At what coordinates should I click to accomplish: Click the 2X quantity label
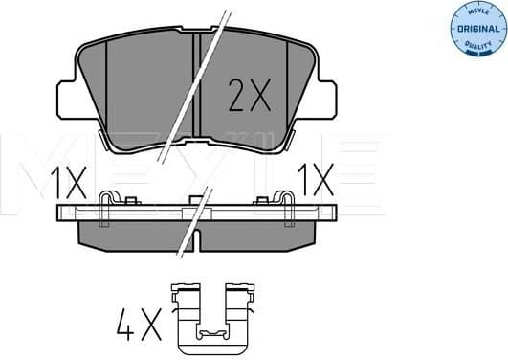(250, 95)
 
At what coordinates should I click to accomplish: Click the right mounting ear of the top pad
(326, 99)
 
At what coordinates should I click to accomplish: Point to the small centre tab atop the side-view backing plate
(195, 200)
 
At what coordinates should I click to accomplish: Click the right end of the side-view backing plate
(330, 214)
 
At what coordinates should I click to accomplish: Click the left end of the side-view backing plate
(63, 214)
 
